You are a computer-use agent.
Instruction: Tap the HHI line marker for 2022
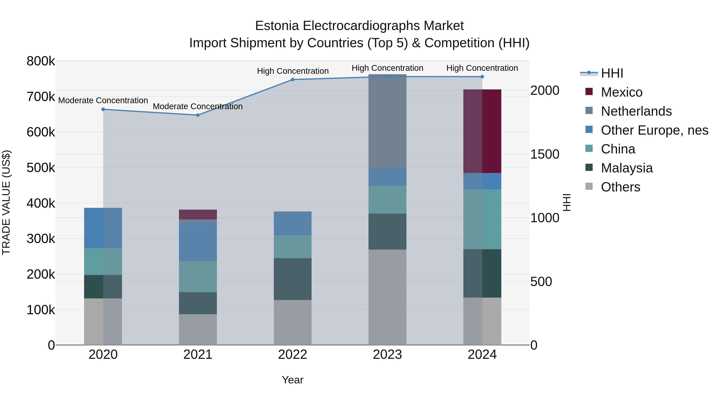[293, 80]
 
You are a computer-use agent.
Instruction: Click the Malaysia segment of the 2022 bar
[293, 279]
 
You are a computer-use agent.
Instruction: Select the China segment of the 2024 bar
[482, 219]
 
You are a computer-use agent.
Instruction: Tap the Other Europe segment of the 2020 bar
[103, 228]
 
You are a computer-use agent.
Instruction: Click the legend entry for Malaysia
[627, 168]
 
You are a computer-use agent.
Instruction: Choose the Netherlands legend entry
[636, 111]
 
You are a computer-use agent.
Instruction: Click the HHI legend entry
[612, 73]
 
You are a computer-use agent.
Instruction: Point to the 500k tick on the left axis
[41, 168]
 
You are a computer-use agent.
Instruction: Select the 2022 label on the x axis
[293, 355]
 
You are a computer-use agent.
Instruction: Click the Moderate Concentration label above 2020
[103, 100]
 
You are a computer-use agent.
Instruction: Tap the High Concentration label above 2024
[482, 68]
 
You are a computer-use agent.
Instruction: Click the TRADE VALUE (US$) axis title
[6, 203]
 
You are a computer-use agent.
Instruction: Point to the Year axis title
[293, 380]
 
